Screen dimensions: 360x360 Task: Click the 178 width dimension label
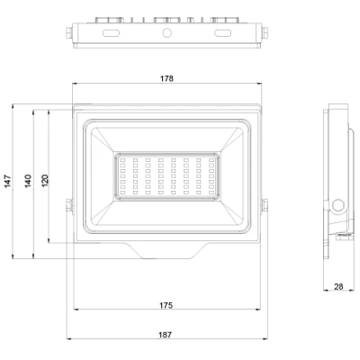pyautogui.click(x=166, y=79)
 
